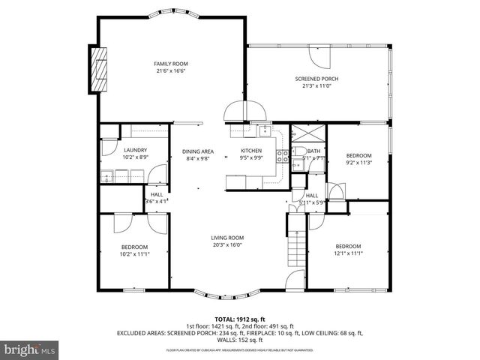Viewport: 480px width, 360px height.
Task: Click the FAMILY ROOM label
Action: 170,64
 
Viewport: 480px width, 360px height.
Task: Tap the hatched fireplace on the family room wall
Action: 98,70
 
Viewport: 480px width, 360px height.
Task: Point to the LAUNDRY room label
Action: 134,151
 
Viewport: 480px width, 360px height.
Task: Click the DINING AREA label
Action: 198,151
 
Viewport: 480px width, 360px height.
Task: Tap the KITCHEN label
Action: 250,151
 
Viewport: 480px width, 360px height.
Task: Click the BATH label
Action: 313,151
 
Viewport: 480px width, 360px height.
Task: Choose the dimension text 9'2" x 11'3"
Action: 358,163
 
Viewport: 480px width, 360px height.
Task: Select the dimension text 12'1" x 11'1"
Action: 348,253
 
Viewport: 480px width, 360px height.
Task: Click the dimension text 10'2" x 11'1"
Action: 134,253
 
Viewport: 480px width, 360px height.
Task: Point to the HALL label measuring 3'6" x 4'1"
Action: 156,200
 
